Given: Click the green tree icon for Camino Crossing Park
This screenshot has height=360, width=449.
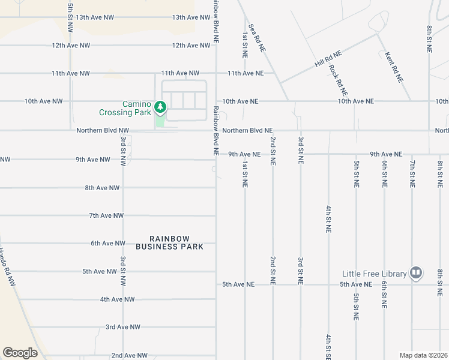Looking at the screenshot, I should (x=160, y=107).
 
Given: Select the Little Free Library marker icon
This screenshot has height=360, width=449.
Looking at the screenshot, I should (x=415, y=274).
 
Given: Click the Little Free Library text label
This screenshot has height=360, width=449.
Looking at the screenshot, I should (x=375, y=274).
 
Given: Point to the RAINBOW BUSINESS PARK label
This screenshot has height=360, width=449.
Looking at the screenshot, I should (x=169, y=242).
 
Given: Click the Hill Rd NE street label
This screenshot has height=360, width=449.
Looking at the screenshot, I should (x=328, y=59).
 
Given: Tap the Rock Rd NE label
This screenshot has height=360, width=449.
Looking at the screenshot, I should (x=339, y=80).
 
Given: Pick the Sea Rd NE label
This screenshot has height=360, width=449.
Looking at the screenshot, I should (x=256, y=37).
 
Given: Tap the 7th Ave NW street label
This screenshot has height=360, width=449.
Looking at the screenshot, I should (x=106, y=215).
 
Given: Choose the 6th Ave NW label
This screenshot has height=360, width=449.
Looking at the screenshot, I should (x=108, y=243).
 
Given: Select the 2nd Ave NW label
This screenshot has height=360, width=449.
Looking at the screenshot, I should (x=129, y=355).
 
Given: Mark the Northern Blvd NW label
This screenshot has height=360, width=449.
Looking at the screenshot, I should (x=103, y=130).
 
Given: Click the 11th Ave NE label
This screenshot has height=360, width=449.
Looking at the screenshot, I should (x=246, y=73).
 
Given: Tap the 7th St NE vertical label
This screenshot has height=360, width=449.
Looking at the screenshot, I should (x=412, y=173).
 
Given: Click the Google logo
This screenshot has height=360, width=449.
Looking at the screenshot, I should (x=20, y=353).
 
